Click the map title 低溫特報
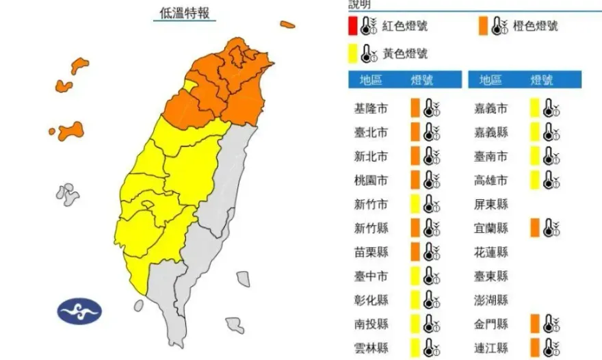coord(184,13)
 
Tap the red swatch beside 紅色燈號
coord(352,26)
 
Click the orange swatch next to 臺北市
coord(415,132)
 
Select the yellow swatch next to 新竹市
coord(415,204)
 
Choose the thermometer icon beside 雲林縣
coord(431,348)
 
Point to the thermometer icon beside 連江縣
coord(551,348)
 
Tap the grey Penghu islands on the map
coord(67,194)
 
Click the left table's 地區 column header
coord(373,80)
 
